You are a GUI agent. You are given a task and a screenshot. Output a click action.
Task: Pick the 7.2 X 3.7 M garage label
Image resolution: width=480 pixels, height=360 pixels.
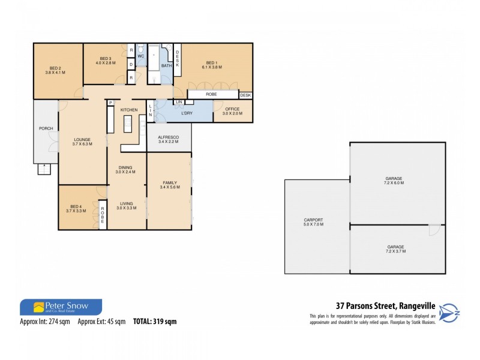coord(395,248)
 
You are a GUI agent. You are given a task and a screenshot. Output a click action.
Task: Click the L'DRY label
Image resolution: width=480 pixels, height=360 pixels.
coord(186,112)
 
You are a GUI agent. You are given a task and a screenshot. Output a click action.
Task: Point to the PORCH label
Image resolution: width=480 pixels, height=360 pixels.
coord(46,128)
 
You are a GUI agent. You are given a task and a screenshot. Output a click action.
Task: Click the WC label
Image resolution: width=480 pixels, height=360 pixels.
coord(140,56)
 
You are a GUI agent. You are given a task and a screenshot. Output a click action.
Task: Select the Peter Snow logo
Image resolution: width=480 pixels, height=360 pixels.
coord(61,307)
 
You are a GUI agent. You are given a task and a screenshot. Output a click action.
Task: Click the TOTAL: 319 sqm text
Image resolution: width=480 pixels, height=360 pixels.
coord(155,322)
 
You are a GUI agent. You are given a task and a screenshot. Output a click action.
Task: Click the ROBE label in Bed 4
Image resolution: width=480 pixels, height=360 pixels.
coord(103,215)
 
